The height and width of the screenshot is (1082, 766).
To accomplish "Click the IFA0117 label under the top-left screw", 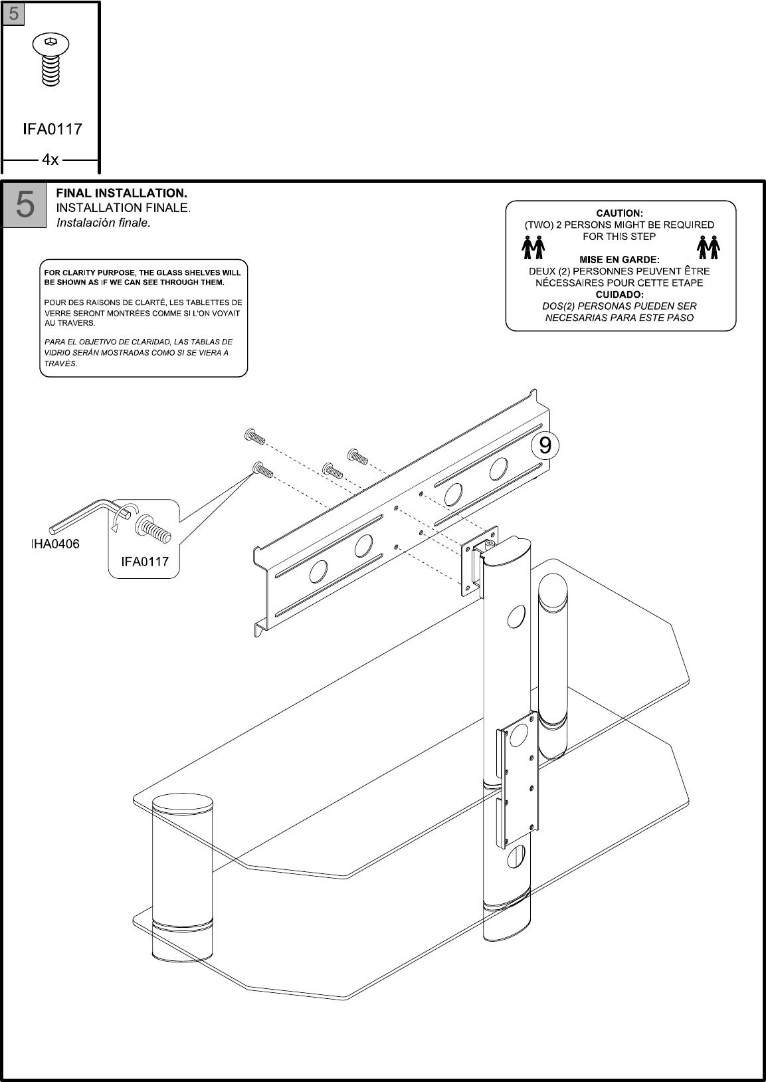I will tap(52, 129).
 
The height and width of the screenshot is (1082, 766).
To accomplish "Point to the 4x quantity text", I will tap(50, 160).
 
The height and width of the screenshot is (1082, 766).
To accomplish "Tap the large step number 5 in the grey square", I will tap(25, 205).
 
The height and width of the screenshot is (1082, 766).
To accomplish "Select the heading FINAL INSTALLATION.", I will tap(122, 193).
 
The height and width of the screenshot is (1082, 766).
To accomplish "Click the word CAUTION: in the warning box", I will tap(619, 213).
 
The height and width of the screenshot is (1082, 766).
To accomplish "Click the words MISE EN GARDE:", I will tap(619, 259).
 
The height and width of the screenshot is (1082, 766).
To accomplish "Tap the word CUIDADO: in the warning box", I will tap(619, 294).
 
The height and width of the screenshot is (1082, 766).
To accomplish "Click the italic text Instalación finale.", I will tap(104, 223).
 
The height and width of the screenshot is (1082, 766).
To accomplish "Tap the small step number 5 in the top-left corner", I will tap(13, 13).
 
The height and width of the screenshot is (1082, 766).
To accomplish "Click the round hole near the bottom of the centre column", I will tap(515, 858).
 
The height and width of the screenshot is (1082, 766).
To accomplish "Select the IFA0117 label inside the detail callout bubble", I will tap(144, 562).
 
